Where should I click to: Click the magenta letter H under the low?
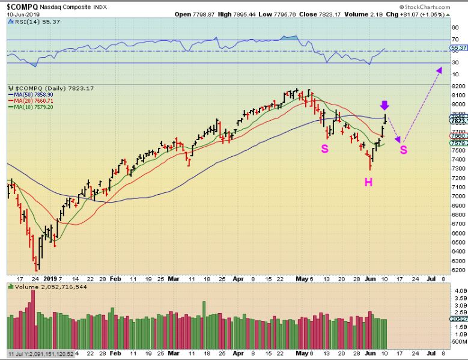(x=368, y=181)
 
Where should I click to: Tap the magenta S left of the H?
(x=324, y=148)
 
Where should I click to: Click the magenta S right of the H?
(x=404, y=149)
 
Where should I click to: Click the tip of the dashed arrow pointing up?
(x=440, y=70)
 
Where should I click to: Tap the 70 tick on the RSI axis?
(x=455, y=40)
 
